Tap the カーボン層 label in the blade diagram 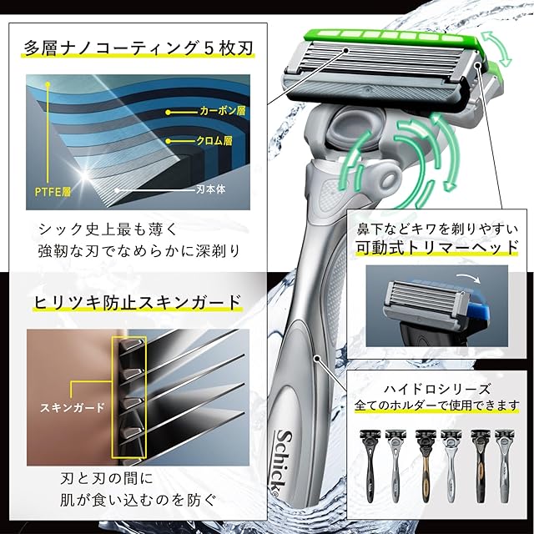click(x=223, y=111)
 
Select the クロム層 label click(x=214, y=141)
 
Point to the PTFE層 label click(x=53, y=192)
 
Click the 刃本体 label click(x=211, y=189)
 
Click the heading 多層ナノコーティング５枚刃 click(x=139, y=48)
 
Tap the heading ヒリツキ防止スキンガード click(x=138, y=302)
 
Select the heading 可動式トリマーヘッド click(x=437, y=247)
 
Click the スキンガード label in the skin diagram click(x=73, y=408)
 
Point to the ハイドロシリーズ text click(x=437, y=389)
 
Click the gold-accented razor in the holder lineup click(x=425, y=466)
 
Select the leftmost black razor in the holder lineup click(x=369, y=466)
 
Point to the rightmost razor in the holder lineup click(x=505, y=466)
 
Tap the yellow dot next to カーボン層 click(x=168, y=112)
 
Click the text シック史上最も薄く click(x=108, y=229)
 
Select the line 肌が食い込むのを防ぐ click(x=139, y=500)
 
